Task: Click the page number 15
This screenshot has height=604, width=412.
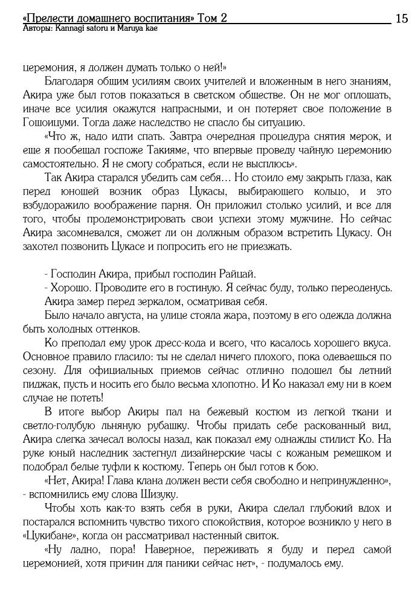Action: pyautogui.click(x=402, y=19)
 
